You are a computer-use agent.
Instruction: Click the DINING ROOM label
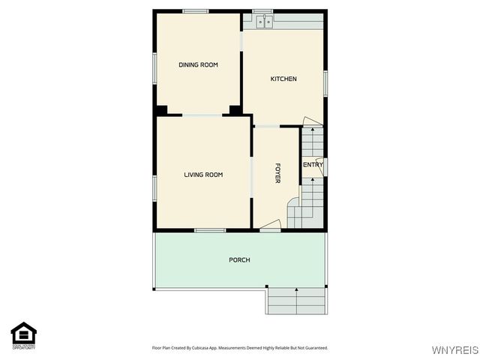[x=198, y=65]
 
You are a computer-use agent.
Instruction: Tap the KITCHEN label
[x=283, y=79]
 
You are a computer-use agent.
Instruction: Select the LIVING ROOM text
[x=203, y=175]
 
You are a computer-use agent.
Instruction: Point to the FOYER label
[x=277, y=172]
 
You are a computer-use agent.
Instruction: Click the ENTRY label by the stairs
[x=313, y=165]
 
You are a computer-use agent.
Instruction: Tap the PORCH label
[x=239, y=260]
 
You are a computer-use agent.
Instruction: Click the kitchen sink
[x=264, y=22]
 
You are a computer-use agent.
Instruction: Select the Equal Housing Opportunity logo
[x=24, y=335]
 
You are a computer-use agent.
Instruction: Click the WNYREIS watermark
[x=454, y=350]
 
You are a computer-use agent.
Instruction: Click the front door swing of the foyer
[x=271, y=224]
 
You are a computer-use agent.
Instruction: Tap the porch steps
[x=296, y=301]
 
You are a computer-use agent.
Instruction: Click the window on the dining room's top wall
[x=196, y=10]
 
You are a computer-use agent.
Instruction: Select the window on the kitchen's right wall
[x=325, y=82]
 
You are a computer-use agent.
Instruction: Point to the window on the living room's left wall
[x=154, y=187]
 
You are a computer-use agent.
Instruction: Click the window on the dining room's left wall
[x=154, y=67]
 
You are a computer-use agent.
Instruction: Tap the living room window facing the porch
[x=210, y=230]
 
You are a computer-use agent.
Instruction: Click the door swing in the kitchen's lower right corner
[x=312, y=122]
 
